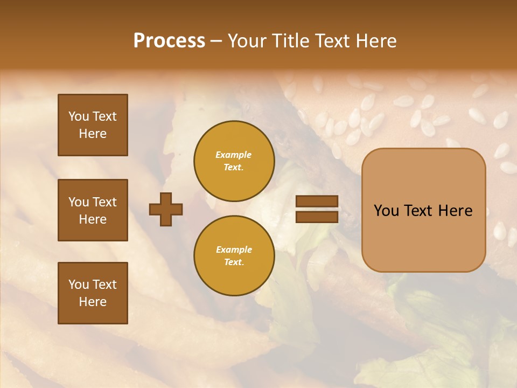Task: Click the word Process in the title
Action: [169, 41]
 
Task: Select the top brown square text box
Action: [93, 125]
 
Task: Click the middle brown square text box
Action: [93, 210]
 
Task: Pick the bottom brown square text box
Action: [93, 293]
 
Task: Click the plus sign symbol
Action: [166, 209]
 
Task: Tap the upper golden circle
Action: [234, 161]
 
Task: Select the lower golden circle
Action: [234, 255]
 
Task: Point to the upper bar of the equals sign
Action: [317, 201]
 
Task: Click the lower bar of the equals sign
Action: [317, 217]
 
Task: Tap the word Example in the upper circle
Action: [233, 155]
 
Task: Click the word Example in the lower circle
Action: [234, 250]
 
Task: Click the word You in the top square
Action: [79, 116]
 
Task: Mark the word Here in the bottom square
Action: [93, 302]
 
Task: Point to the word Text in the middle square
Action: [104, 202]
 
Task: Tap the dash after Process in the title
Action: [216, 41]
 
